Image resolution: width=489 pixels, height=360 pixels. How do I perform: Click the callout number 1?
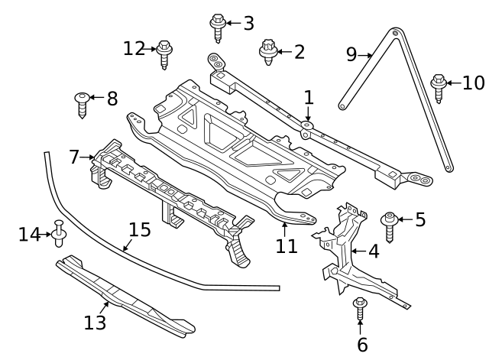[x=309, y=97]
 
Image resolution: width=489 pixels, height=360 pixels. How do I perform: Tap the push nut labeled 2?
[x=267, y=51]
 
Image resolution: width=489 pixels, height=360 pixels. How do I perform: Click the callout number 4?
[x=373, y=251]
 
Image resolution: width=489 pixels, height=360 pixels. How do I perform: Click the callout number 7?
[x=74, y=157]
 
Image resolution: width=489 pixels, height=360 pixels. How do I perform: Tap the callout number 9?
[x=351, y=54]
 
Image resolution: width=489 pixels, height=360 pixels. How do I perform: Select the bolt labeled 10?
[x=439, y=87]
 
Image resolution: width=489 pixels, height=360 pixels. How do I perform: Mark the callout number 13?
[x=95, y=323]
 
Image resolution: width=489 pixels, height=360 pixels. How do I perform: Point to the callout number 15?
[x=140, y=229]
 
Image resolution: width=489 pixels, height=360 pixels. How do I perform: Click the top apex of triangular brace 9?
[x=394, y=33]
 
